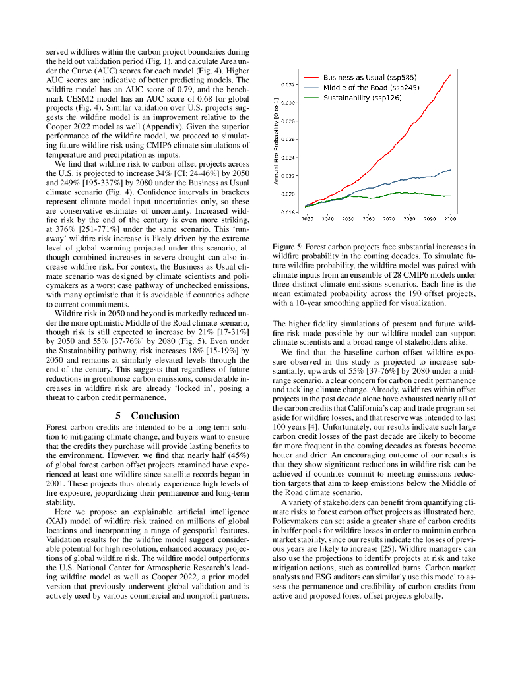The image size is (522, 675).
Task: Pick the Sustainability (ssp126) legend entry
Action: coord(362,98)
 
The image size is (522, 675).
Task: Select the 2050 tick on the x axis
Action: coord(348,218)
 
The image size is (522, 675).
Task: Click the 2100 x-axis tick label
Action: coord(450,218)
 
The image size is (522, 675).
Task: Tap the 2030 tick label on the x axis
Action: coord(308,218)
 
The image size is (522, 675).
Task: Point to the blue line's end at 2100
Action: coord(451,170)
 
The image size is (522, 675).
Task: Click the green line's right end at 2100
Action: coord(451,196)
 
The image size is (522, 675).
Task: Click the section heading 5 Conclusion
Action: coord(147,415)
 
